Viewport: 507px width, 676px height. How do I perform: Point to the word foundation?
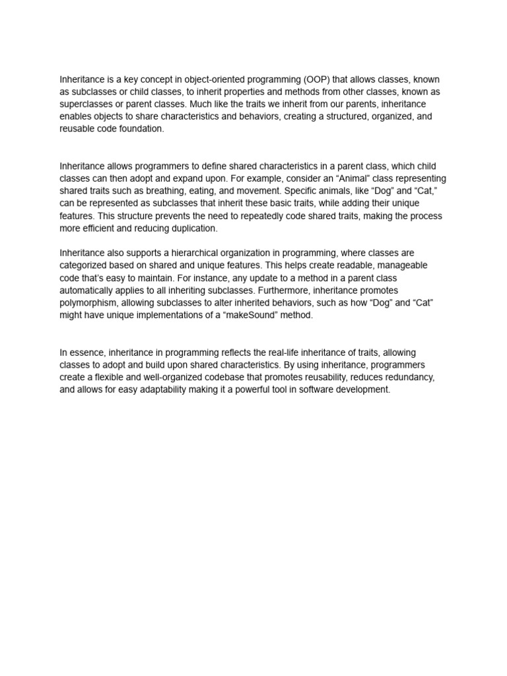(143, 129)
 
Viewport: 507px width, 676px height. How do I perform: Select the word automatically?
(89, 290)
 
